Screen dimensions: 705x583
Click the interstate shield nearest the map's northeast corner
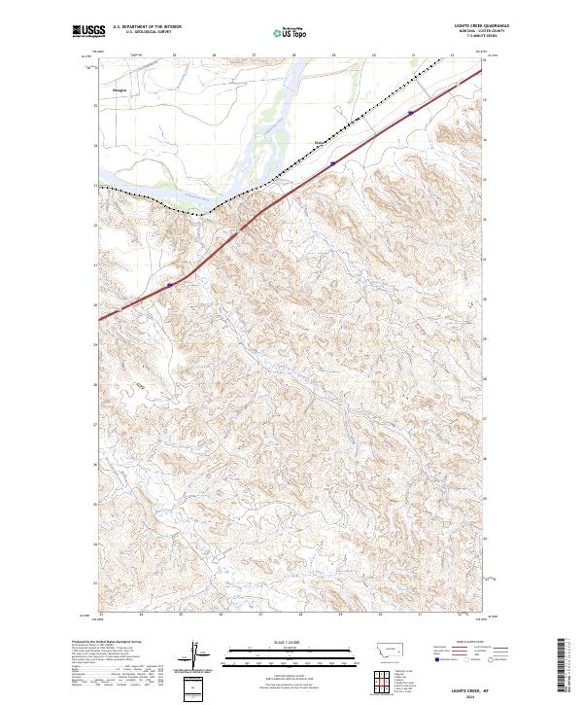click(411, 113)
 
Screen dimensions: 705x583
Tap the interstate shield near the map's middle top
click(332, 163)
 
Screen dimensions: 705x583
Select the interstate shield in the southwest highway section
click(169, 285)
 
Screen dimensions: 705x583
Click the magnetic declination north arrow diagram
click(197, 655)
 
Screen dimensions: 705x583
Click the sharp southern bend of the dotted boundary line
click(201, 210)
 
